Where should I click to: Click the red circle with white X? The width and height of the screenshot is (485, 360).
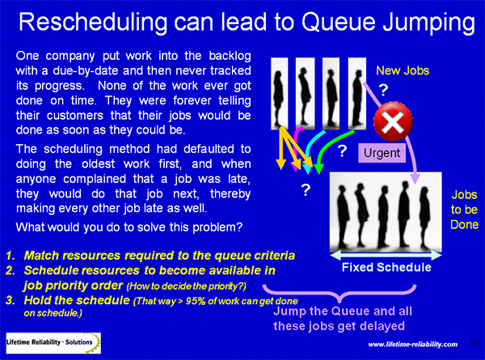click(393, 121)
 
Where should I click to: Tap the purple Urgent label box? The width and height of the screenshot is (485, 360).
click(382, 153)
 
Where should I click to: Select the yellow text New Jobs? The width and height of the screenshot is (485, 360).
click(403, 71)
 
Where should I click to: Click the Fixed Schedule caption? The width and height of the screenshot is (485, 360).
click(386, 267)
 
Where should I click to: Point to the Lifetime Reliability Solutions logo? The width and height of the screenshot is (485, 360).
click(53, 343)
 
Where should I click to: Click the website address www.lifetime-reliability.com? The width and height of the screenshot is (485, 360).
click(412, 344)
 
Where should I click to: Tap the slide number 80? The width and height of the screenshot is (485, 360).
click(474, 342)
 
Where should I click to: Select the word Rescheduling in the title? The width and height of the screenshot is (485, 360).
click(92, 23)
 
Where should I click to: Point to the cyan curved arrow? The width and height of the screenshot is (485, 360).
click(310, 149)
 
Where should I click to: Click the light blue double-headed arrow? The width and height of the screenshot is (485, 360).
click(386, 256)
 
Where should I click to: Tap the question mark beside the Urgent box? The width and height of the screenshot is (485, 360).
click(342, 151)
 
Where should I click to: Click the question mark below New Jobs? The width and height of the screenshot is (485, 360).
click(383, 90)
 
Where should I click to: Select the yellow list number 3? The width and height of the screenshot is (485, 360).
click(11, 300)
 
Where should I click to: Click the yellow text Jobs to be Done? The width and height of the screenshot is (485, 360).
click(464, 210)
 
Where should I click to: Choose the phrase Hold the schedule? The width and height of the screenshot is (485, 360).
click(77, 300)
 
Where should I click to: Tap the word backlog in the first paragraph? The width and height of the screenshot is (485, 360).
click(230, 56)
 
